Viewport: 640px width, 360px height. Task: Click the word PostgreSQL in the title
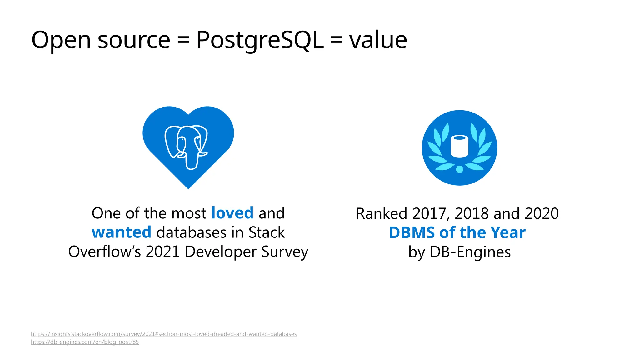point(260,40)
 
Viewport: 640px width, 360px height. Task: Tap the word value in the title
point(378,40)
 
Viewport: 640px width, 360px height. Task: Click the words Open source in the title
point(101,40)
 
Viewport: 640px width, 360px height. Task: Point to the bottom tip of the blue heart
point(188,187)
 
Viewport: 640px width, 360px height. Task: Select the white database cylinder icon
point(459,146)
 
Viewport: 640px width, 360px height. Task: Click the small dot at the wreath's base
point(459,169)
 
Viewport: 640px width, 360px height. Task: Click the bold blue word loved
point(232,213)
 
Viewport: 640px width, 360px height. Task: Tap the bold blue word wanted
point(121,232)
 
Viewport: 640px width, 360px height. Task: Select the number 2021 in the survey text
point(162,252)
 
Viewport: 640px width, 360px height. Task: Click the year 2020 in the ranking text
point(542,214)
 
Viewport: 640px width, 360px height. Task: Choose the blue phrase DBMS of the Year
point(457,233)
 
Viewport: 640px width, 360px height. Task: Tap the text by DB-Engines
point(459,252)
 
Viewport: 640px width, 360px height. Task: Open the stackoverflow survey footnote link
point(164,334)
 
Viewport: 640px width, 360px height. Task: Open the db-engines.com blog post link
point(85,342)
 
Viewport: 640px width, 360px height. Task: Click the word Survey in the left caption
point(285,252)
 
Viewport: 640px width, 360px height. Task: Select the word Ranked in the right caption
point(381,214)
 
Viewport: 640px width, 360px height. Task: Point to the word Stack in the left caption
point(267,232)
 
